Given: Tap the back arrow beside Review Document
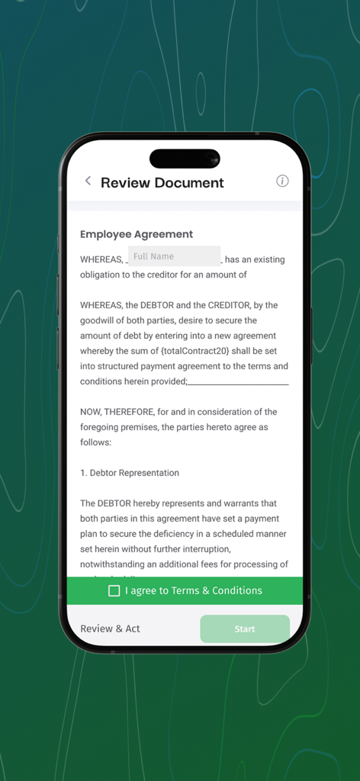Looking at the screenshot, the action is pos(88,181).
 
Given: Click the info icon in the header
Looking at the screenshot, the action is pos(282,181).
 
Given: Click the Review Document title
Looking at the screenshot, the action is pos(162,183).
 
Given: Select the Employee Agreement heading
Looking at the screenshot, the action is pos(137,234).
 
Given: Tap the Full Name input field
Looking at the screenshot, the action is pos(174,256).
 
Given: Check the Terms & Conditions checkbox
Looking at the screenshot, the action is pos(114,590).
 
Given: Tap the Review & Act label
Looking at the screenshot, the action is pos(111,628).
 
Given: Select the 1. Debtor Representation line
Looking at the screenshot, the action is pos(130,473).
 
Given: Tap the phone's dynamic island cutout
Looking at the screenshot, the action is pos(185,159).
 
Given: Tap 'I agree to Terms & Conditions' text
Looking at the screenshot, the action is pos(194,590).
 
